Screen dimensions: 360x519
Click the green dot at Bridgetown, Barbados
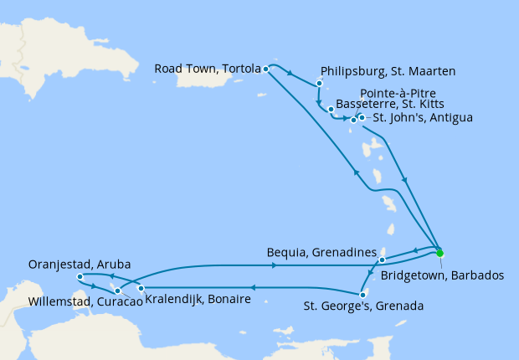[439, 253]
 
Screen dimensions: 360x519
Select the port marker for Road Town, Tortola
[265, 69]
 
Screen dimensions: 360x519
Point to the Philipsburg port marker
[320, 84]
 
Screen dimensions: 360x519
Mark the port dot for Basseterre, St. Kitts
[331, 110]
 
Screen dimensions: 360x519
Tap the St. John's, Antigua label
[423, 118]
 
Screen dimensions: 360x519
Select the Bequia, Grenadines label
[319, 250]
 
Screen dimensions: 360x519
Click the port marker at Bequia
[382, 260]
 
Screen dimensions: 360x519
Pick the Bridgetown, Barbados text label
[442, 274]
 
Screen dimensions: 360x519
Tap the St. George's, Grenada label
[363, 306]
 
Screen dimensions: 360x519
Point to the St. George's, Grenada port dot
[362, 294]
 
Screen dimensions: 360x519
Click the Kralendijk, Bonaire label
[198, 299]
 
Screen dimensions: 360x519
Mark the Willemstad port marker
[117, 291]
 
